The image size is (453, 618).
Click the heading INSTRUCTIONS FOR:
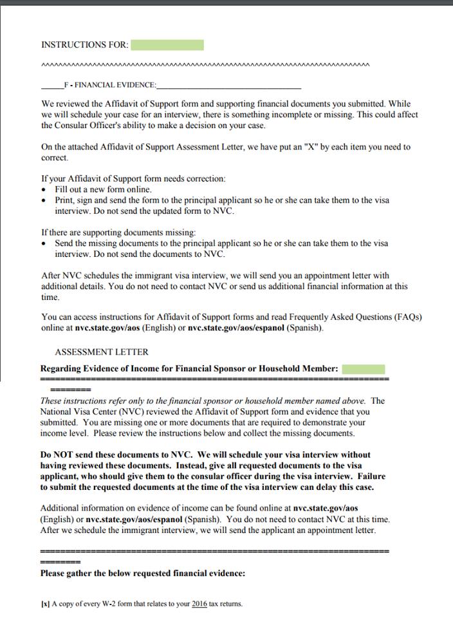(x=84, y=45)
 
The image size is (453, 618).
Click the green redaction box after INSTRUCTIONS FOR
(x=167, y=45)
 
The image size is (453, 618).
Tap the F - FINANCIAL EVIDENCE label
(x=110, y=85)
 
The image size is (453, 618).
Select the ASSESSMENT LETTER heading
(x=102, y=352)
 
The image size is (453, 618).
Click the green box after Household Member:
(x=364, y=369)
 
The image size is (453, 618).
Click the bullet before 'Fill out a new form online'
(x=44, y=190)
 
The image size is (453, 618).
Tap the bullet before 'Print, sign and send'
(x=44, y=201)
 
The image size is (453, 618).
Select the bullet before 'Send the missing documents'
(x=44, y=244)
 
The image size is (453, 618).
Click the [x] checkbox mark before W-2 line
(x=44, y=604)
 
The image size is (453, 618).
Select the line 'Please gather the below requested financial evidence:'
(x=142, y=573)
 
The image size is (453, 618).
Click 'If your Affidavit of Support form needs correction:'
(x=133, y=178)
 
